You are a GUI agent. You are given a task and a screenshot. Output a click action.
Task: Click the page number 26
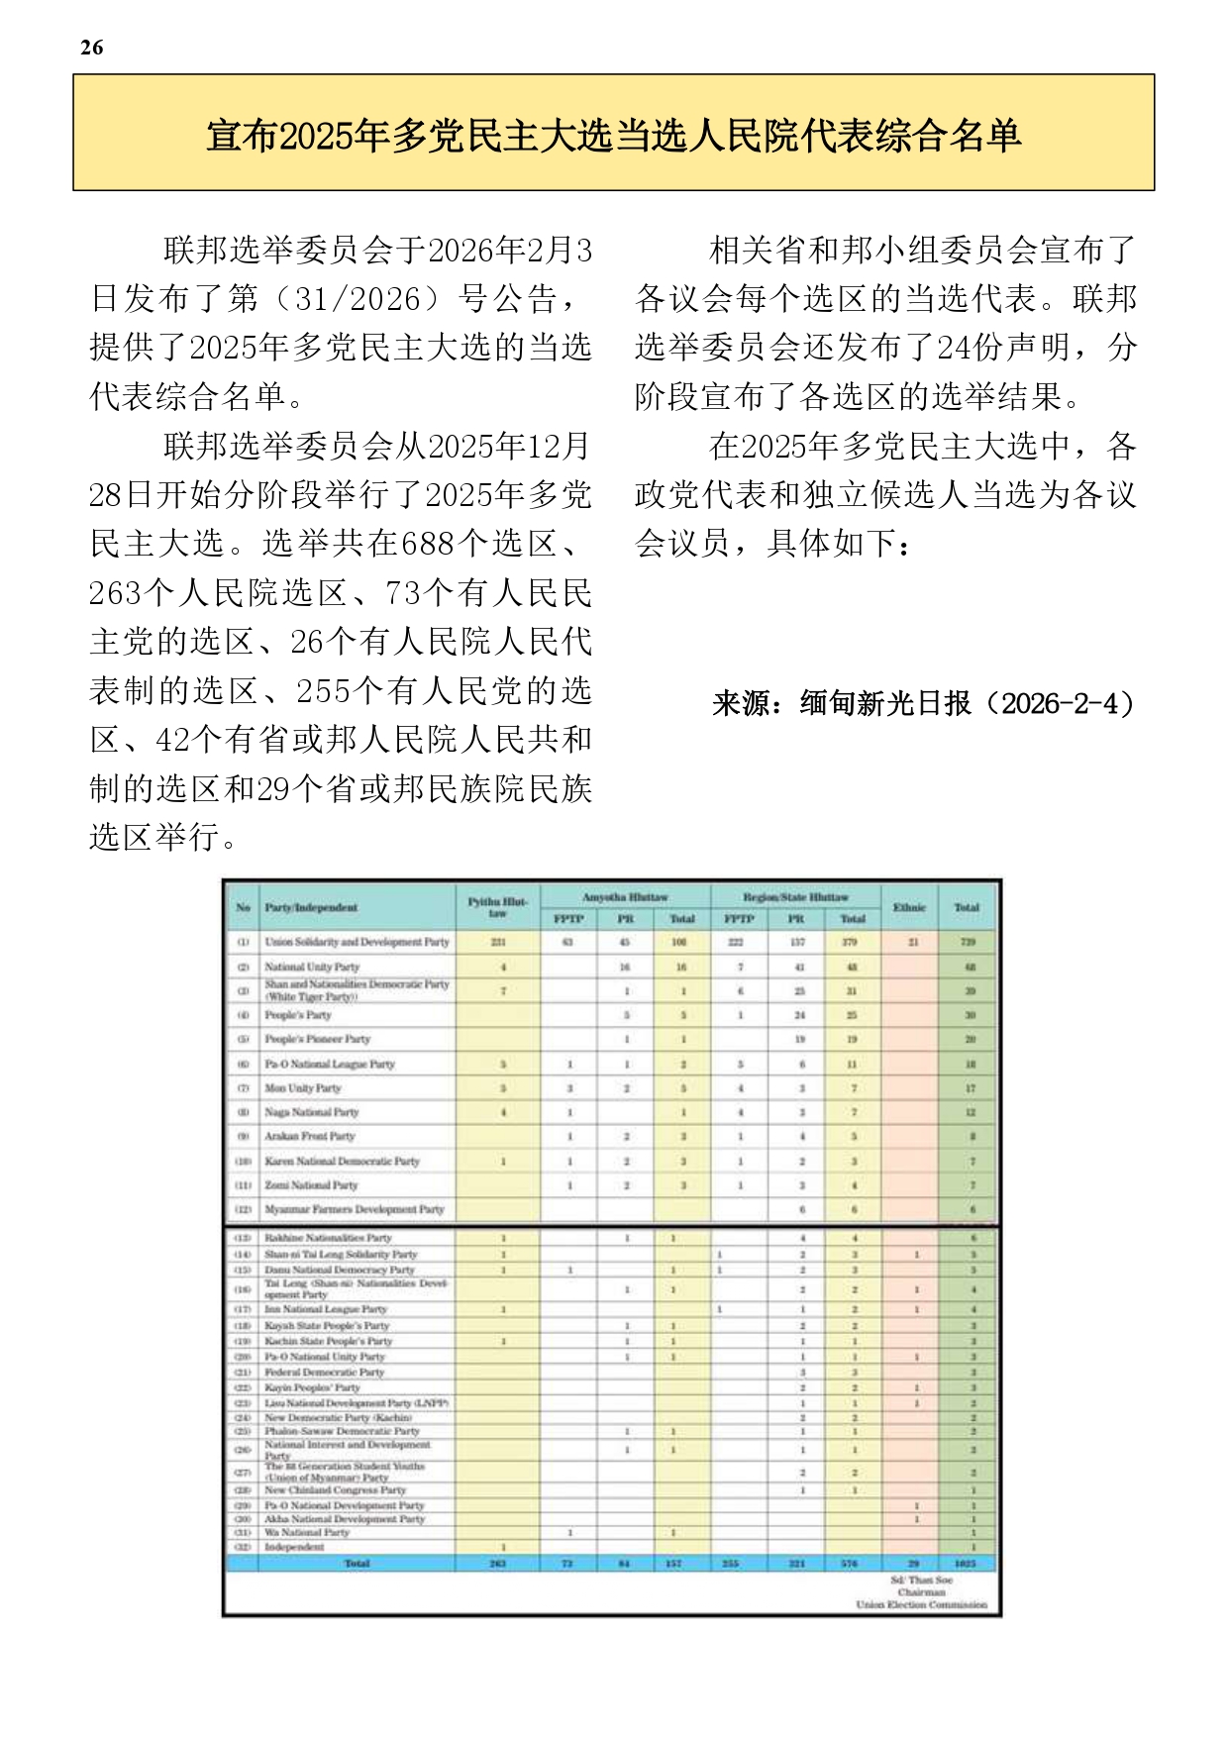[x=91, y=48]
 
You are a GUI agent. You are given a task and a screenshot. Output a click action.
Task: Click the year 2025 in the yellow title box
[x=316, y=135]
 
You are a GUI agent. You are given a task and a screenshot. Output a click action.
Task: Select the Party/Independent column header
[x=310, y=907]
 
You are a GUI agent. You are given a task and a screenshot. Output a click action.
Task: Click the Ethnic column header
[x=908, y=907]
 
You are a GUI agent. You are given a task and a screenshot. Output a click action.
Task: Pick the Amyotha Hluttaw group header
[x=624, y=897]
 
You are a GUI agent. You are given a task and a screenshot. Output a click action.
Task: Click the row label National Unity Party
[x=312, y=967]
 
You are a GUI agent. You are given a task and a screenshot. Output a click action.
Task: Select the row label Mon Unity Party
[x=302, y=1087]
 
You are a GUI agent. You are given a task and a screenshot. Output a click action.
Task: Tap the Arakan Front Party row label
[x=309, y=1136]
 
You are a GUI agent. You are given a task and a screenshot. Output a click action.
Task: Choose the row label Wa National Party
[x=307, y=1532]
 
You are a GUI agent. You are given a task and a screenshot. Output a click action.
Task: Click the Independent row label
[x=294, y=1546]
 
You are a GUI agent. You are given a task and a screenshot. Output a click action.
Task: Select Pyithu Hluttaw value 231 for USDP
[x=498, y=942]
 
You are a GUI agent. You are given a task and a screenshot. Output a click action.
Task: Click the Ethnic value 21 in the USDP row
[x=912, y=942]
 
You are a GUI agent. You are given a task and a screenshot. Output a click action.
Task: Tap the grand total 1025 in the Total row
[x=965, y=1564]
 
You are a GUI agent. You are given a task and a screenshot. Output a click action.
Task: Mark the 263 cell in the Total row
[x=498, y=1564]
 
